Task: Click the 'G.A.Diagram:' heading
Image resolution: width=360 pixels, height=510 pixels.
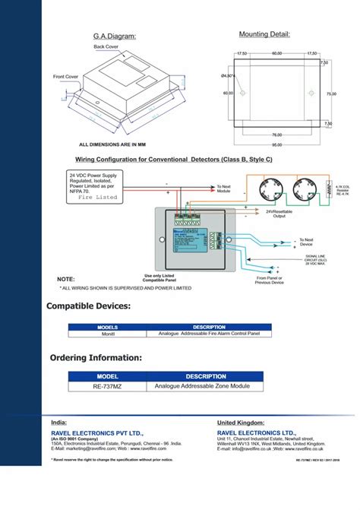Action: pos(114,36)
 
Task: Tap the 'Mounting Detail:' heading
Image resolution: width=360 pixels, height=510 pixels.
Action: pos(264,34)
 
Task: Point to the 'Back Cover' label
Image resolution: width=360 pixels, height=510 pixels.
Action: pos(106,46)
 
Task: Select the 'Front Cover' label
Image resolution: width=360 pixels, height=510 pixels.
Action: pos(65,77)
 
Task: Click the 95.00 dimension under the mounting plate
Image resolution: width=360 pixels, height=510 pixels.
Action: pos(277,144)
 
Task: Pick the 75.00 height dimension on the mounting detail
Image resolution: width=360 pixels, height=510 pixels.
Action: pos(331,93)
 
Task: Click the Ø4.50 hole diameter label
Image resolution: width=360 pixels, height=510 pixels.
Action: pos(227,76)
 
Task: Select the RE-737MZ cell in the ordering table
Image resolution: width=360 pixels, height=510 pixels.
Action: pos(108,386)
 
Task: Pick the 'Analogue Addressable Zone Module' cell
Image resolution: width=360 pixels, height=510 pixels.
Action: pos(202,386)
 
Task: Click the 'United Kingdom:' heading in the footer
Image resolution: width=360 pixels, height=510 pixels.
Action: pos(241,423)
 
